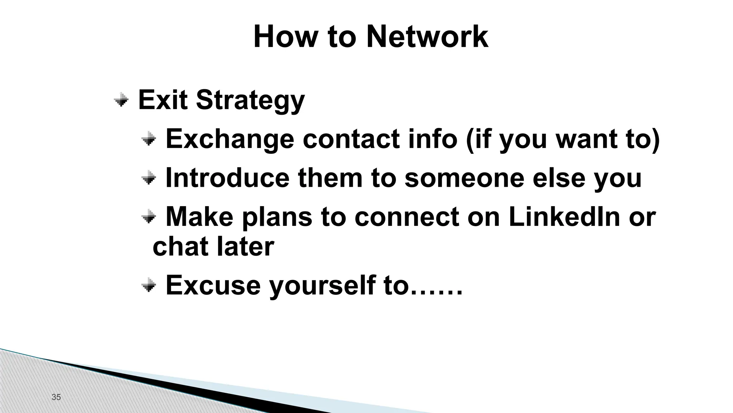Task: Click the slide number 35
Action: [x=56, y=397]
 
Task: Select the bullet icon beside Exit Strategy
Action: [x=121, y=100]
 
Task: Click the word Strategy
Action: [x=250, y=100]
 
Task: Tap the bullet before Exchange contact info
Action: [x=149, y=138]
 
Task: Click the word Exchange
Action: [x=229, y=139]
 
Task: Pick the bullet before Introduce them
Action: [x=149, y=178]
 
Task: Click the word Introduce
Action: [x=227, y=178]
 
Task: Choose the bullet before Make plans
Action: [x=149, y=217]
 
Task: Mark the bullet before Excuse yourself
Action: [x=149, y=286]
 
